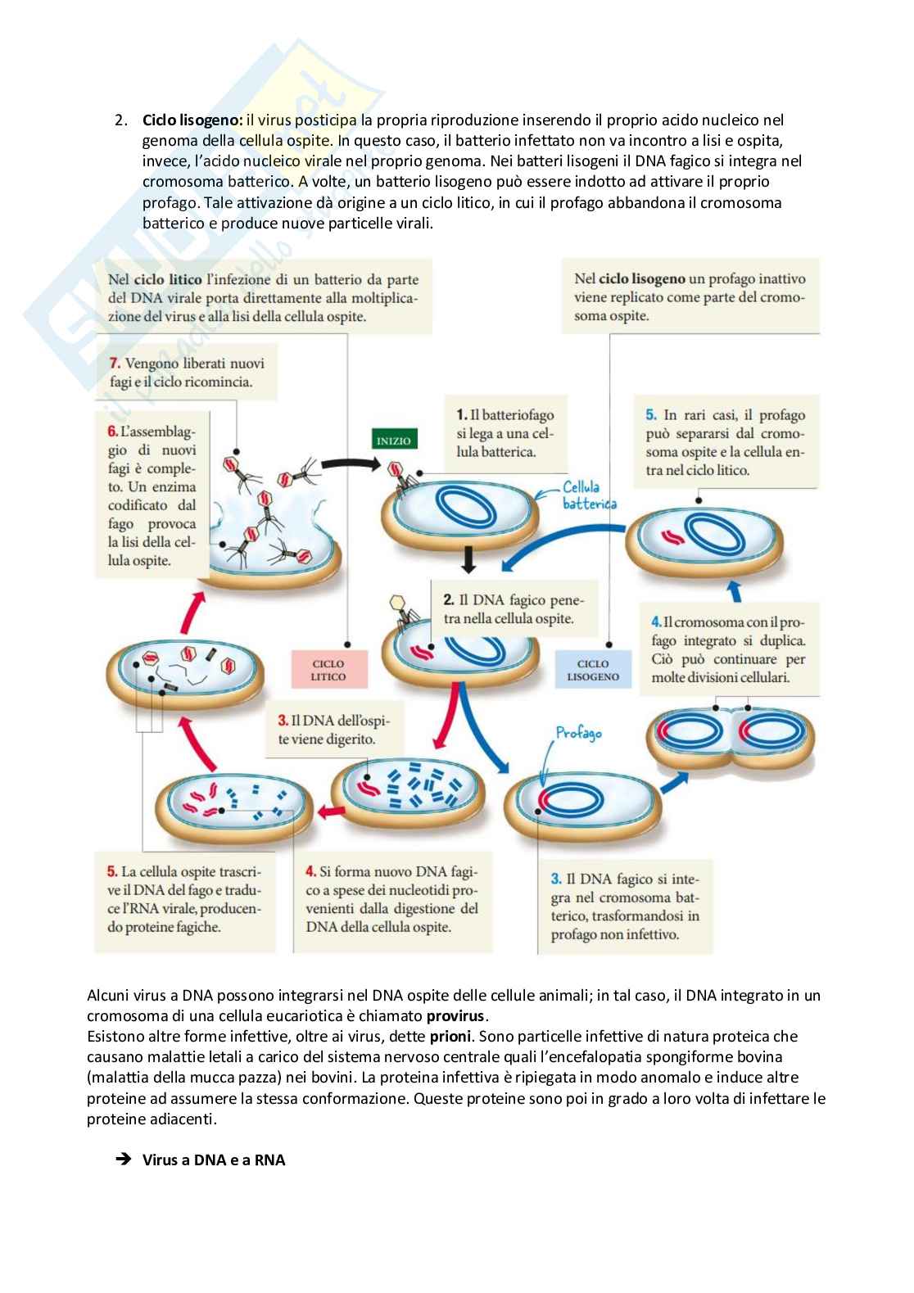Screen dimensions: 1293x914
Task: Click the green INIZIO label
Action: click(x=393, y=441)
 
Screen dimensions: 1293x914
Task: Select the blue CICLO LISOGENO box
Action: click(x=593, y=670)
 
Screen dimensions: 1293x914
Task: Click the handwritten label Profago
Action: click(x=578, y=732)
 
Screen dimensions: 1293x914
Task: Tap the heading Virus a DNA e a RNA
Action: click(x=214, y=1160)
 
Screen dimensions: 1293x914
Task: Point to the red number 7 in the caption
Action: click(x=115, y=363)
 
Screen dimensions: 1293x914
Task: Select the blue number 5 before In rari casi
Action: click(x=651, y=415)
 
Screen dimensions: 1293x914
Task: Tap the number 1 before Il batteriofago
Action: click(x=461, y=415)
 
